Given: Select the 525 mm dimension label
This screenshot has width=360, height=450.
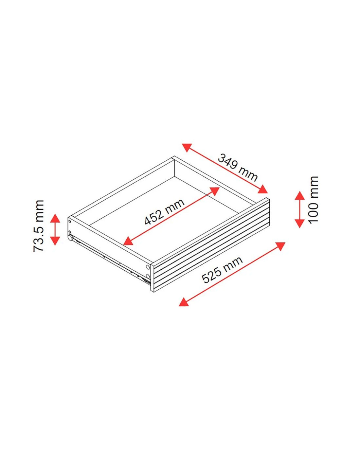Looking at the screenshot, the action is pyautogui.click(x=222, y=270).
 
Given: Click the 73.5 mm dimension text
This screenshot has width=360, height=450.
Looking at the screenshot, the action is pyautogui.click(x=39, y=226).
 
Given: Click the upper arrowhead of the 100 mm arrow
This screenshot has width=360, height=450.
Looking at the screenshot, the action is pyautogui.click(x=300, y=195).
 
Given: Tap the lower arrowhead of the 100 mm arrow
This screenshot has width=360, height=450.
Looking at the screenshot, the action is pyautogui.click(x=300, y=223).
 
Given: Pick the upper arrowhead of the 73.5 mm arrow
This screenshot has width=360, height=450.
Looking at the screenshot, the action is pyautogui.click(x=55, y=218).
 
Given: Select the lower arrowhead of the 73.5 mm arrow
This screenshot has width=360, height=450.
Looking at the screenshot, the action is pyautogui.click(x=55, y=241).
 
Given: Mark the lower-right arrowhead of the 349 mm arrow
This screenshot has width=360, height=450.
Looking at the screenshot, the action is pyautogui.click(x=263, y=189).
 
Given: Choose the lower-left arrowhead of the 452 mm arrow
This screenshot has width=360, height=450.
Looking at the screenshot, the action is pyautogui.click(x=128, y=242).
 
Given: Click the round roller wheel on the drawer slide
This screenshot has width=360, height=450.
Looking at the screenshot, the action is pyautogui.click(x=70, y=238).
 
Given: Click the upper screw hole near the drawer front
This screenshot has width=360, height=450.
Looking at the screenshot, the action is pyautogui.click(x=148, y=267).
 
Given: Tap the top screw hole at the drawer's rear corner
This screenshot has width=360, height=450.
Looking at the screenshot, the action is pyautogui.click(x=70, y=221).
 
